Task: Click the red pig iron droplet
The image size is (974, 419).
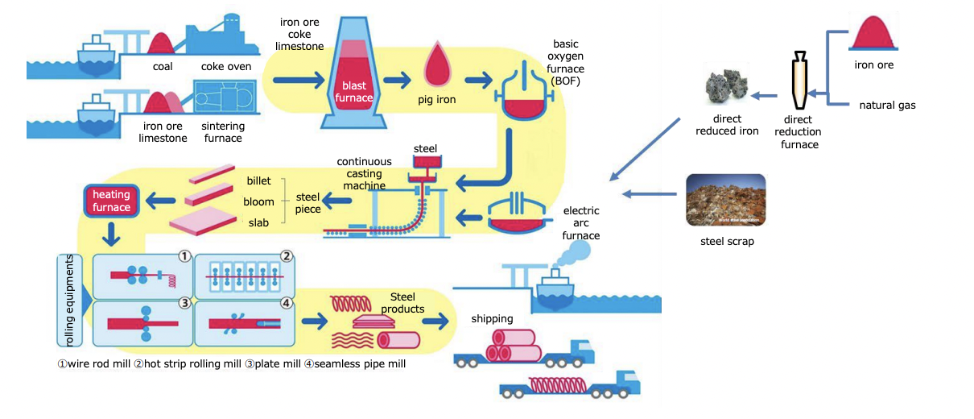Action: point(438,64)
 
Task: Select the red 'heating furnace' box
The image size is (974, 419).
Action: point(111,201)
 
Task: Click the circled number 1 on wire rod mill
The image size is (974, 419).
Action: point(184,256)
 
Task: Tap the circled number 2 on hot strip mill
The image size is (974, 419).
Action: point(286,256)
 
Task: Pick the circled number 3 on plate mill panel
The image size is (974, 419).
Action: point(184,303)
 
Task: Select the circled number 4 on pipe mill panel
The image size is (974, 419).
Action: point(286,303)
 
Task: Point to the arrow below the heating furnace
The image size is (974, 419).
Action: point(112,236)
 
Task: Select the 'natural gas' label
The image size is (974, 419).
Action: point(887,105)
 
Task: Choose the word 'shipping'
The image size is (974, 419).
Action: point(492,319)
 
